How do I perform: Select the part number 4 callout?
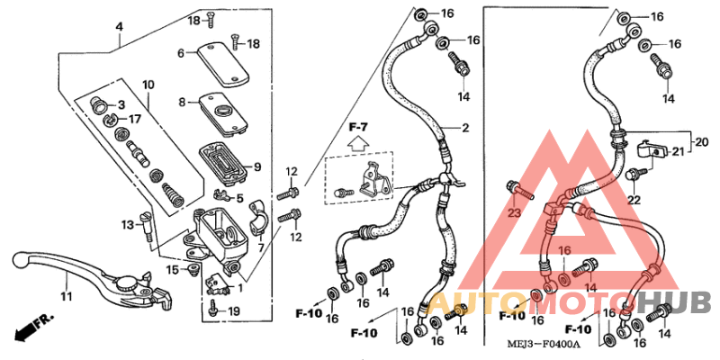click(119, 28)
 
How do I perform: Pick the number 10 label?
click(148, 85)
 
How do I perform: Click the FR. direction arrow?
click(29, 328)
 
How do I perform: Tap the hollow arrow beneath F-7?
click(357, 141)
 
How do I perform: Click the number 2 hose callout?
click(465, 129)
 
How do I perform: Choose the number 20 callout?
click(702, 141)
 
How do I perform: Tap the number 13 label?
click(127, 224)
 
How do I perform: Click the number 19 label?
click(233, 311)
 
